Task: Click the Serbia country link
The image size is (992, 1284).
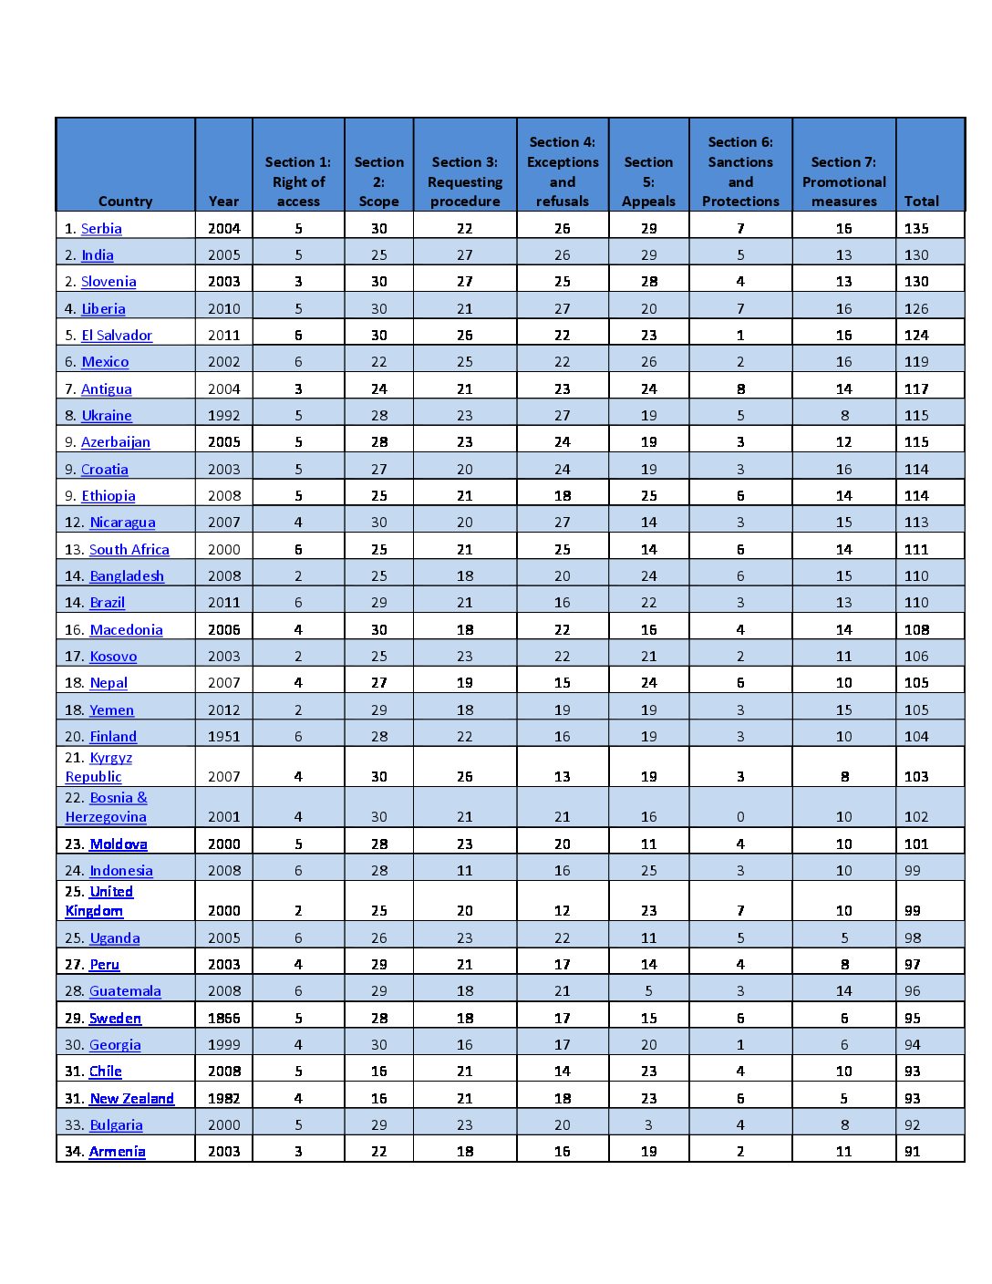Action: point(101,229)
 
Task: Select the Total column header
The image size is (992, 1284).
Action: point(921,202)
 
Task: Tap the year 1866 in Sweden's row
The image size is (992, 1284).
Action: point(223,1018)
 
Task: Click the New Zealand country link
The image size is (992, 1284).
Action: point(131,1098)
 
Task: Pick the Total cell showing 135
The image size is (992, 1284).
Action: point(916,229)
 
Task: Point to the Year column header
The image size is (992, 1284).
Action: point(223,202)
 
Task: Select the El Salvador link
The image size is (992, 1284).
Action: point(117,336)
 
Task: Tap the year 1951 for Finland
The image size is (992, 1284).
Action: point(223,736)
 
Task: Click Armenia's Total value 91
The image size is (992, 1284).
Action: point(912,1151)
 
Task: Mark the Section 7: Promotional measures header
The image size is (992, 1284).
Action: point(843,181)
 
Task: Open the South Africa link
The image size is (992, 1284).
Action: point(129,549)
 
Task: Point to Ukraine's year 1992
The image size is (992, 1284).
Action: point(223,416)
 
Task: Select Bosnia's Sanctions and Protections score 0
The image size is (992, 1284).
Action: point(740,817)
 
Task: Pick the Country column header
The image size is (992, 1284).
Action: point(125,202)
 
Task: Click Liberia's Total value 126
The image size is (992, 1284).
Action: point(916,309)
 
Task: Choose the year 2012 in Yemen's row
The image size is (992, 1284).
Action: point(223,709)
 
